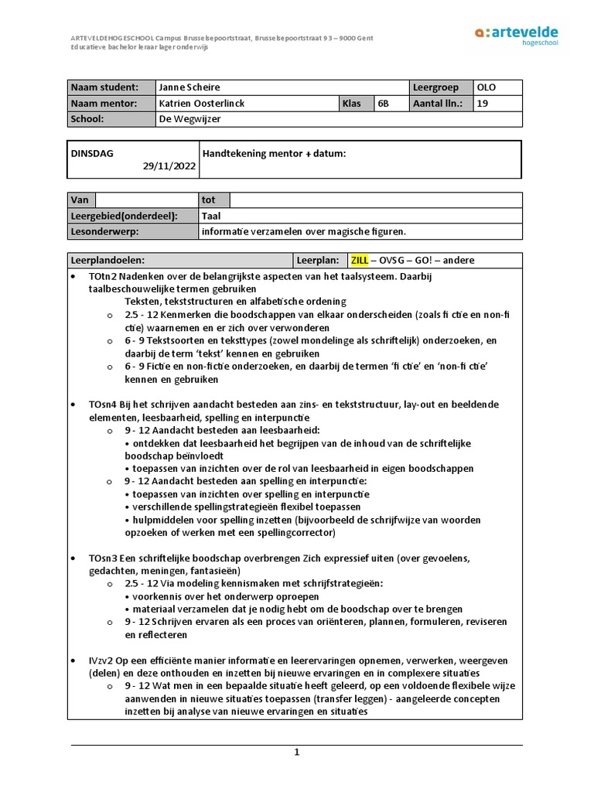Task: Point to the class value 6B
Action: [384, 104]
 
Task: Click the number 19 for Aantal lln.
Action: [483, 104]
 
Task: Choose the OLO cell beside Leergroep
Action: [487, 87]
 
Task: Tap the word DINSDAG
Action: [92, 153]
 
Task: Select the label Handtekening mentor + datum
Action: [274, 154]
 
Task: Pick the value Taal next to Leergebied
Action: [211, 216]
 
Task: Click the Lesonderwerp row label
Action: [100, 231]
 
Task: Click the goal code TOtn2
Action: [103, 276]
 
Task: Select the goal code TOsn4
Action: [103, 405]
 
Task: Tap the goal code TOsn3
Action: [103, 558]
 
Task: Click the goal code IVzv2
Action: [101, 661]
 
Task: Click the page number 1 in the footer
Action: [296, 752]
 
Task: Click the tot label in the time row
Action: [208, 200]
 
